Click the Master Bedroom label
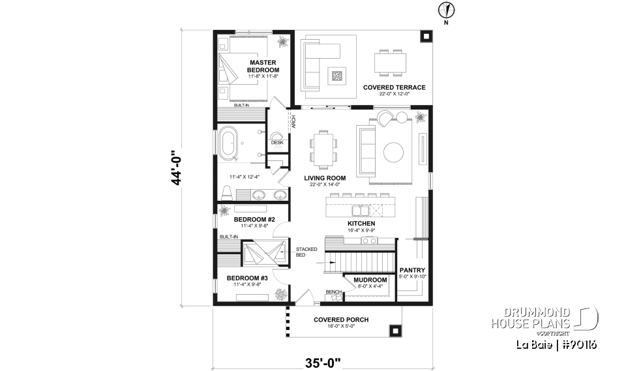pos(263,66)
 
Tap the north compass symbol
pos(446,10)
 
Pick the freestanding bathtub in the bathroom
pos(230,144)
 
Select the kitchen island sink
pos(359,211)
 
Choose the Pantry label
pos(412,270)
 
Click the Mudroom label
pos(370,280)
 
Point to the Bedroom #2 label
pos(254,219)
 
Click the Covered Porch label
pos(340,319)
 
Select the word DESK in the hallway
pos(277,142)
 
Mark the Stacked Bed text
pos(306,252)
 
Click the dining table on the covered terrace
pos(390,63)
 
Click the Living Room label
pos(325,177)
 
